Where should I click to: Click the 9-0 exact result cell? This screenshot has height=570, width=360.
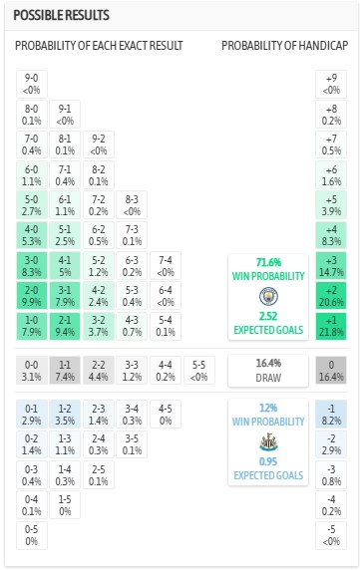pos(33,84)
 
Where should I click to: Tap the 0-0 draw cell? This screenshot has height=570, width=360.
pos(33,371)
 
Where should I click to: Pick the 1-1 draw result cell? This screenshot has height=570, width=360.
pos(65,371)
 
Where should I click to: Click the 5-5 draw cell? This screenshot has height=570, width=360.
pos(198,371)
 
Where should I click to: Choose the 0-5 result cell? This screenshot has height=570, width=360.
pos(33,535)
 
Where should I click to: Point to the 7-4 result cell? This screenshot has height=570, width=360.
pos(166,264)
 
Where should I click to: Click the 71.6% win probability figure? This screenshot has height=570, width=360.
pos(268,261)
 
